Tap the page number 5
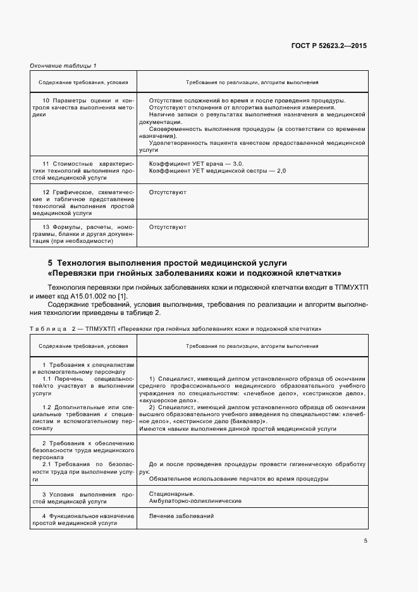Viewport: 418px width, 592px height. tap(365, 540)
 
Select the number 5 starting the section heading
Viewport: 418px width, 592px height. tap(50, 262)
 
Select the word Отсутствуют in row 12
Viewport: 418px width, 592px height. tap(168, 192)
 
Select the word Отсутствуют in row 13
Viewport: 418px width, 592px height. tap(168, 226)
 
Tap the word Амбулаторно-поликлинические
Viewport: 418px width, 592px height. tap(195, 500)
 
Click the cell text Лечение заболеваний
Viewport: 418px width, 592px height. tap(181, 516)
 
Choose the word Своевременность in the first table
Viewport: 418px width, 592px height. tap(174, 129)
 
